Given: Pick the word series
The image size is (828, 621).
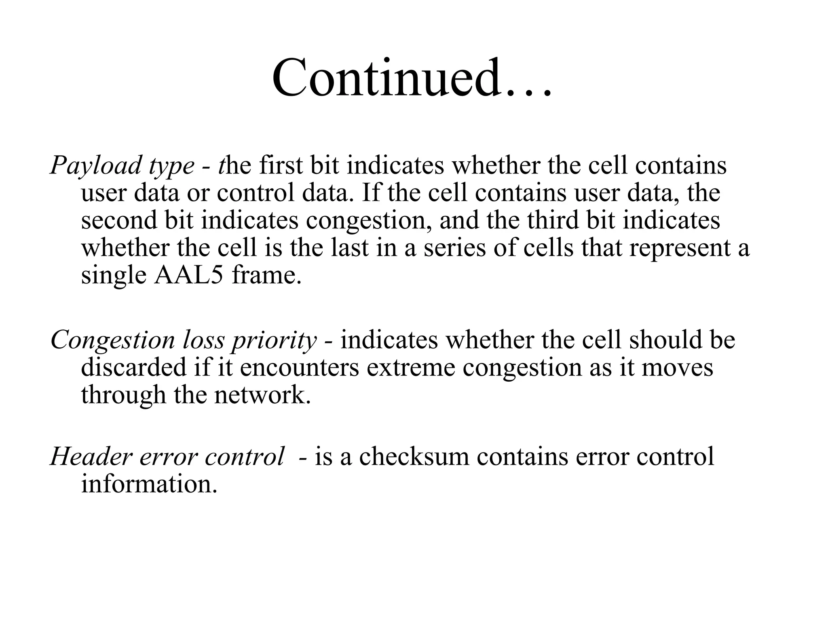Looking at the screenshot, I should click(x=454, y=248).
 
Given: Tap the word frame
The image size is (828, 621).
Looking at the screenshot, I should click(x=266, y=275).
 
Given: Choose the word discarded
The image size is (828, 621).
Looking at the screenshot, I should click(x=134, y=367).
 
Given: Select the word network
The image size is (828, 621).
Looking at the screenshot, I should click(x=262, y=395).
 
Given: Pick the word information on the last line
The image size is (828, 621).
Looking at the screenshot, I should click(x=149, y=484).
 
